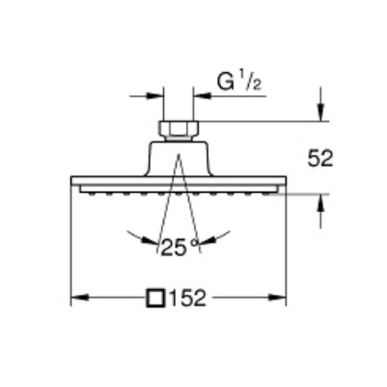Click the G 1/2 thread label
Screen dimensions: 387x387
point(239,82)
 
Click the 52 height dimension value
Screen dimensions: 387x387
point(320,159)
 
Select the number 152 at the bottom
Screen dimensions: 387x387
point(188,298)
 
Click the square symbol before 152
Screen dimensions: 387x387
point(155,298)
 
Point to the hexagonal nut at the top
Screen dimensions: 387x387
point(179,128)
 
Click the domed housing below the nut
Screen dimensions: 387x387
point(179,159)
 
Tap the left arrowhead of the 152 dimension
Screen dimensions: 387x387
point(80,297)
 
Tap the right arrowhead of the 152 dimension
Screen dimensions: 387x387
point(277,297)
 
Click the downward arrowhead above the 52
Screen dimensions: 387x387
point(321,112)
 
